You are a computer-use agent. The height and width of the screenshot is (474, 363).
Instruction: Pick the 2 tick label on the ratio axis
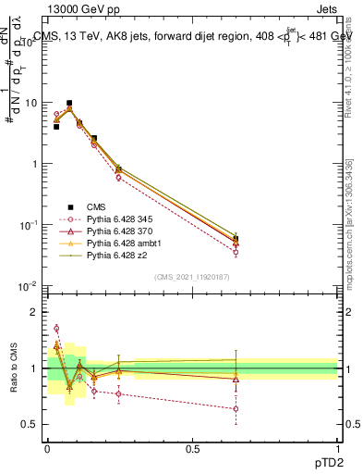pos(37,312)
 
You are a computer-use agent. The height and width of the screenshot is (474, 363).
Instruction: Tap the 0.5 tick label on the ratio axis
pos(33,425)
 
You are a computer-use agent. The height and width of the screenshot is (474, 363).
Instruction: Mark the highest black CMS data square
pos(69,104)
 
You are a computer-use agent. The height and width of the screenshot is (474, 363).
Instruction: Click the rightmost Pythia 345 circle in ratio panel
pos(236,408)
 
